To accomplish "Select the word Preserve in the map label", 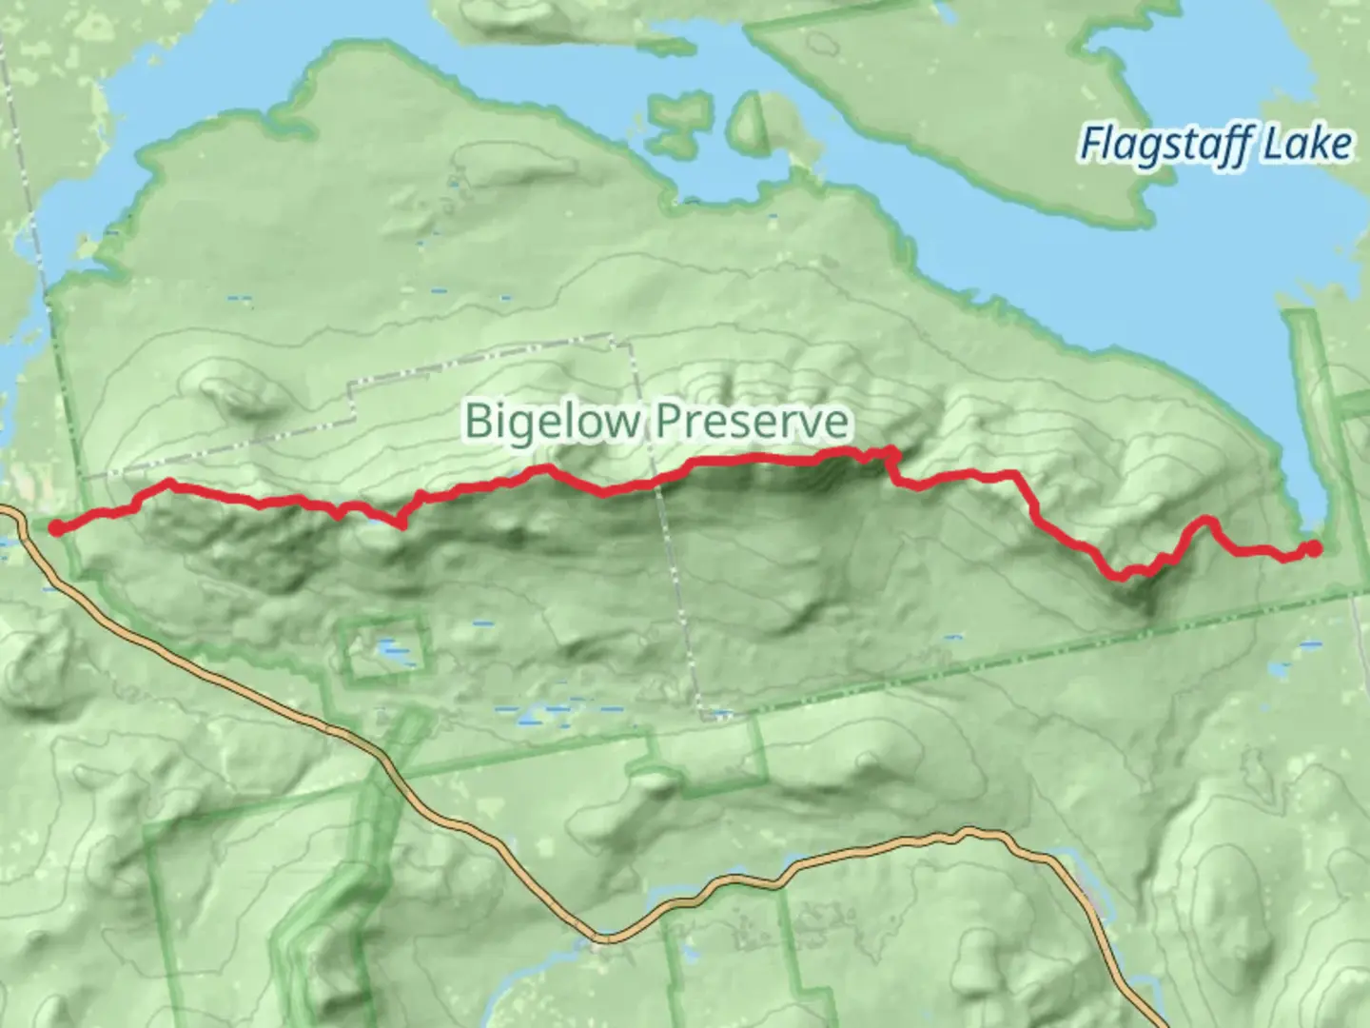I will tap(752, 421).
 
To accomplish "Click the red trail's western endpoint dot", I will tap(57, 528).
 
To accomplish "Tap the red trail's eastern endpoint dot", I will tap(1313, 548).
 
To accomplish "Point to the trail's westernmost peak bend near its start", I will tap(169, 483).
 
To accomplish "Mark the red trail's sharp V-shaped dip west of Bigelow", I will tap(401, 523).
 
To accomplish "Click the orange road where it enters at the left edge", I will tap(8, 512).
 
